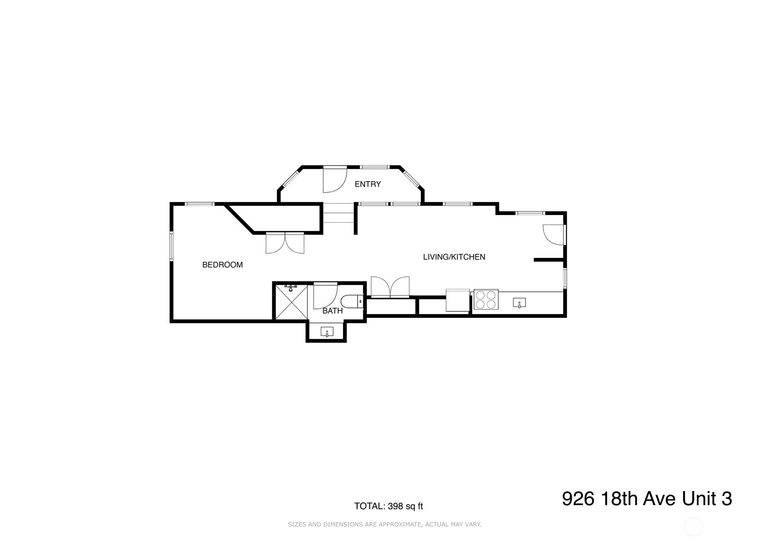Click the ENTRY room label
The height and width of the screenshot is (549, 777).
[x=368, y=184]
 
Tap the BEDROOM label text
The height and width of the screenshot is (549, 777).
[x=222, y=265]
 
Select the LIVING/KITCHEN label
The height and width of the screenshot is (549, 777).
[x=454, y=257]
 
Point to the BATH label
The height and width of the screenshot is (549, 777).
[x=333, y=311]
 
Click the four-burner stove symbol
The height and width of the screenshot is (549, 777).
[x=486, y=299]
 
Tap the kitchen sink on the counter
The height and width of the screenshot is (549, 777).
[x=519, y=303]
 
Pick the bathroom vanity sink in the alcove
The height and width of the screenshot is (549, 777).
[x=327, y=332]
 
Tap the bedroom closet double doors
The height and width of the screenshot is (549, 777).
[x=285, y=243]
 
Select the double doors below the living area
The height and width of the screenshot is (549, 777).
[x=390, y=287]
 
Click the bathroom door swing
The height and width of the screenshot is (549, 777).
[x=325, y=295]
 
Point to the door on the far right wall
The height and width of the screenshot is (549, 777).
[x=554, y=234]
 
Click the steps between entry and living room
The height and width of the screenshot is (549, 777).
[x=338, y=213]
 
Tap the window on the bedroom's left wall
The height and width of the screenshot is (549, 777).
[x=172, y=246]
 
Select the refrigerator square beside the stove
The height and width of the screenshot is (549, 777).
[x=458, y=300]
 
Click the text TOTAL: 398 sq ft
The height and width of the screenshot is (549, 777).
[x=388, y=507]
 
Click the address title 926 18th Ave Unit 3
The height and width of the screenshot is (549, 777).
[x=646, y=499]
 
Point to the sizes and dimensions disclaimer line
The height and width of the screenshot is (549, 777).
[x=384, y=524]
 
